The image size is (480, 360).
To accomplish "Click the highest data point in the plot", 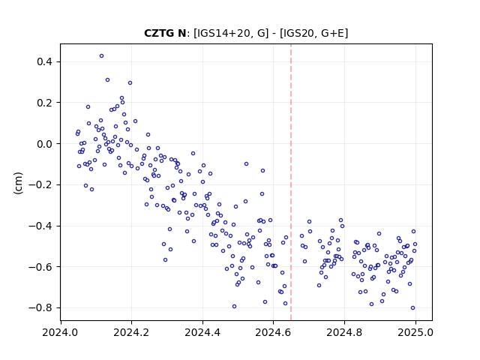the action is click(102, 56).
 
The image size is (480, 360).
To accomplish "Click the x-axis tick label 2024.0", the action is click(61, 332).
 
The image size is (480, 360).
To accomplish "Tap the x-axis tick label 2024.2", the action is click(132, 332).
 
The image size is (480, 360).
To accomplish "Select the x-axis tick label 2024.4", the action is click(202, 332).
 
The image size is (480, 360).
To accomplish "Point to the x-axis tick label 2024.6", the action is click(273, 332).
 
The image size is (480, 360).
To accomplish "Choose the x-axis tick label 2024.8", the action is click(344, 332).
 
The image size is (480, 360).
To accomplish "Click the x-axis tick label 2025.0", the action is click(415, 332).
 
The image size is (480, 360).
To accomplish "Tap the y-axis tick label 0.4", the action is click(44, 61).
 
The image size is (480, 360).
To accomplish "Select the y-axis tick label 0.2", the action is click(44, 103).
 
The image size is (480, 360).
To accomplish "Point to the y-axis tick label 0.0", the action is click(44, 144).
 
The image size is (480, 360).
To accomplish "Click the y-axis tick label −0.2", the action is click(40, 185).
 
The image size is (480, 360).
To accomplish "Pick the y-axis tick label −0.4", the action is click(40, 226).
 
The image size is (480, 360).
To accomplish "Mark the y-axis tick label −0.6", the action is click(40, 267).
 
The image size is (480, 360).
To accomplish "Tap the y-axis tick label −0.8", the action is click(40, 308).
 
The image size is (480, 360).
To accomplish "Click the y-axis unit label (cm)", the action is click(18, 183).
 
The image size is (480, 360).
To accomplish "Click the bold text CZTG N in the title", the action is click(165, 33).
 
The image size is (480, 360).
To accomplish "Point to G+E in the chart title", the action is click(333, 33).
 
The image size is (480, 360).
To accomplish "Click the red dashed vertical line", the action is click(291, 182).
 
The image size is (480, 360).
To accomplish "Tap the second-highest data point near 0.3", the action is click(107, 80).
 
